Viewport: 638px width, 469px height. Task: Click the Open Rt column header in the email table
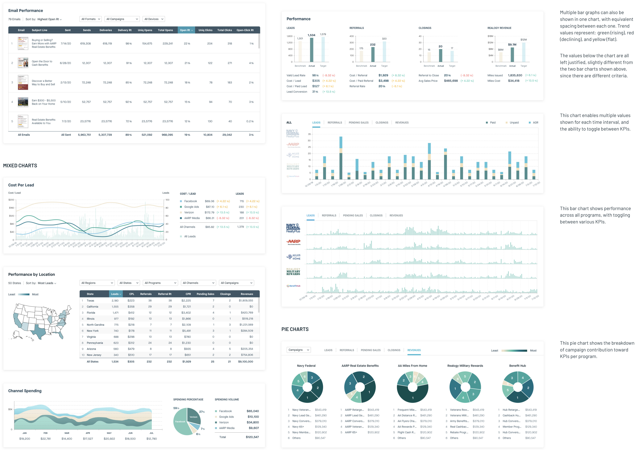tap(186, 30)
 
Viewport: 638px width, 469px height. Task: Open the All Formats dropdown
tap(91, 19)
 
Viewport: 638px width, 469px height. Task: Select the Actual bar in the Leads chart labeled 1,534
tap(312, 50)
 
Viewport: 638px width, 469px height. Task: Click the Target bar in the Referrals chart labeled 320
tap(384, 52)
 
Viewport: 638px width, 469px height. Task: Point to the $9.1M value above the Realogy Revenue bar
tap(512, 45)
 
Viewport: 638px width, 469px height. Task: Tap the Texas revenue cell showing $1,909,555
tap(246, 300)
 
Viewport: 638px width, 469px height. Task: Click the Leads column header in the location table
tap(116, 294)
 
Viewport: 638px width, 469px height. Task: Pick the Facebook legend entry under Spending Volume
tap(226, 411)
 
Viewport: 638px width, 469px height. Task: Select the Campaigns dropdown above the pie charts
tap(298, 350)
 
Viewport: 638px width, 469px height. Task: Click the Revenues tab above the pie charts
tap(414, 350)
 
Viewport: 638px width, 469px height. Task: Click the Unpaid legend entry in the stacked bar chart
tap(514, 123)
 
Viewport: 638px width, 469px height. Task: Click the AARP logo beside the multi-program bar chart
tap(293, 242)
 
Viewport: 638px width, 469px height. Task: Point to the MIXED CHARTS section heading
tap(20, 165)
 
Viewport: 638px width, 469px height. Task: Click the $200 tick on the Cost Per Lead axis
tap(11, 200)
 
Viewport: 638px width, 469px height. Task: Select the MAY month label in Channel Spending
tap(109, 433)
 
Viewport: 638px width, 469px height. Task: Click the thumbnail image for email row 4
tap(23, 102)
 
